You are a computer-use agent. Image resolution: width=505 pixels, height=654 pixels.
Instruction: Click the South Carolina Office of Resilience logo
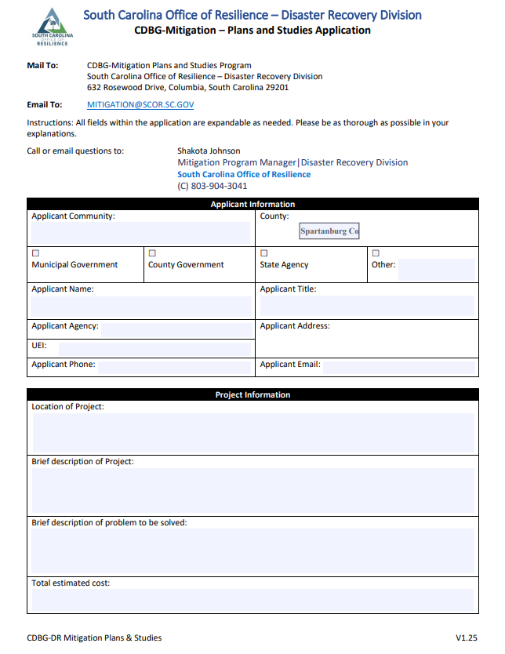coord(53,27)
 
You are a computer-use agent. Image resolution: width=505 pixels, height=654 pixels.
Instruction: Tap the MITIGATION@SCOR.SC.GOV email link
coord(140,104)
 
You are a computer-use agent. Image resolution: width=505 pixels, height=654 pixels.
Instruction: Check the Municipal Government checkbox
coord(35,253)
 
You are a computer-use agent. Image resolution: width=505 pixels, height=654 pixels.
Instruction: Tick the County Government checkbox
coord(152,253)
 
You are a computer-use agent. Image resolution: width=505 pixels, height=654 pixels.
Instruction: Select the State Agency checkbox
coord(263,253)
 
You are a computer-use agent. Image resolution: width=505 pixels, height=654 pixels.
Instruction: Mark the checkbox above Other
coord(376,253)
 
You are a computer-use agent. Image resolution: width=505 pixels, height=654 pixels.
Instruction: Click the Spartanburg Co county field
coord(329,231)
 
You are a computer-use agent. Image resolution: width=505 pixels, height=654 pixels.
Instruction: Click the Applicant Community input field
coord(140,233)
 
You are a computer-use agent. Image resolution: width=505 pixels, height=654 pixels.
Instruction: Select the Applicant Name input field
coord(140,306)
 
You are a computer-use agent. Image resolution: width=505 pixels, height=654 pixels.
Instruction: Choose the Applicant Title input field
coord(366,306)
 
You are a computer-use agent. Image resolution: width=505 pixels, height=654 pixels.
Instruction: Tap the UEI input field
coord(154,347)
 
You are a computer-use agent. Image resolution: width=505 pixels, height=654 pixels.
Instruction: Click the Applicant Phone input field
coord(173,365)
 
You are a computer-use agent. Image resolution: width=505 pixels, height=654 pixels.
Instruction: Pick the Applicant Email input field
coord(398,365)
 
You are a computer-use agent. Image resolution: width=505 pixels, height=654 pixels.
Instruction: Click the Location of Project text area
coord(252,433)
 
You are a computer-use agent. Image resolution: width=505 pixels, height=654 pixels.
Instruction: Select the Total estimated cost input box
coord(252,600)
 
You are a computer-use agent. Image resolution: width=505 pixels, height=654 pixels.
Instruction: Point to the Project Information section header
coord(252,395)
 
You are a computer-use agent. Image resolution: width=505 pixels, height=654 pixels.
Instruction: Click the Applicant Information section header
coord(252,205)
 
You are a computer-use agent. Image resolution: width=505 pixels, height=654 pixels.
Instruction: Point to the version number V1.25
coord(467,638)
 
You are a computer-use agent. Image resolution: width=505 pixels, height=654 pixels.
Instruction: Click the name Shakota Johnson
coord(209,151)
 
